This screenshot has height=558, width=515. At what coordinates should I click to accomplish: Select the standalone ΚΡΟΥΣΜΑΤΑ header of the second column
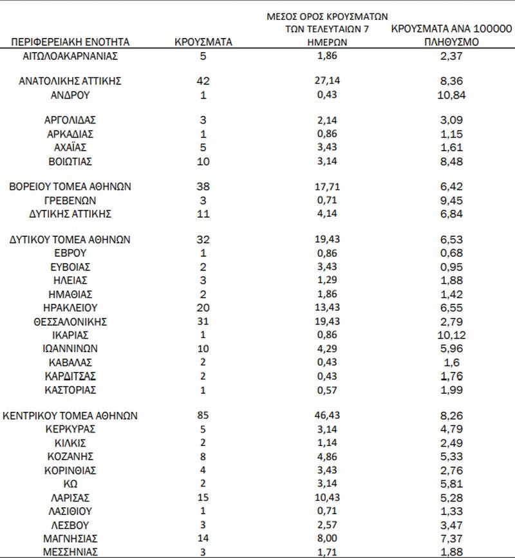(203, 42)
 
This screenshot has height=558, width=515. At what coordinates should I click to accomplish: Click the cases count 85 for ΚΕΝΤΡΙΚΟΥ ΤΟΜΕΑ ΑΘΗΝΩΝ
(203, 415)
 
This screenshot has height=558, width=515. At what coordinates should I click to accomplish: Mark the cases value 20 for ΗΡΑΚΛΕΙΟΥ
(203, 308)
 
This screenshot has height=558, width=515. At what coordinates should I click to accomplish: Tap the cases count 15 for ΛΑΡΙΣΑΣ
(203, 498)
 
